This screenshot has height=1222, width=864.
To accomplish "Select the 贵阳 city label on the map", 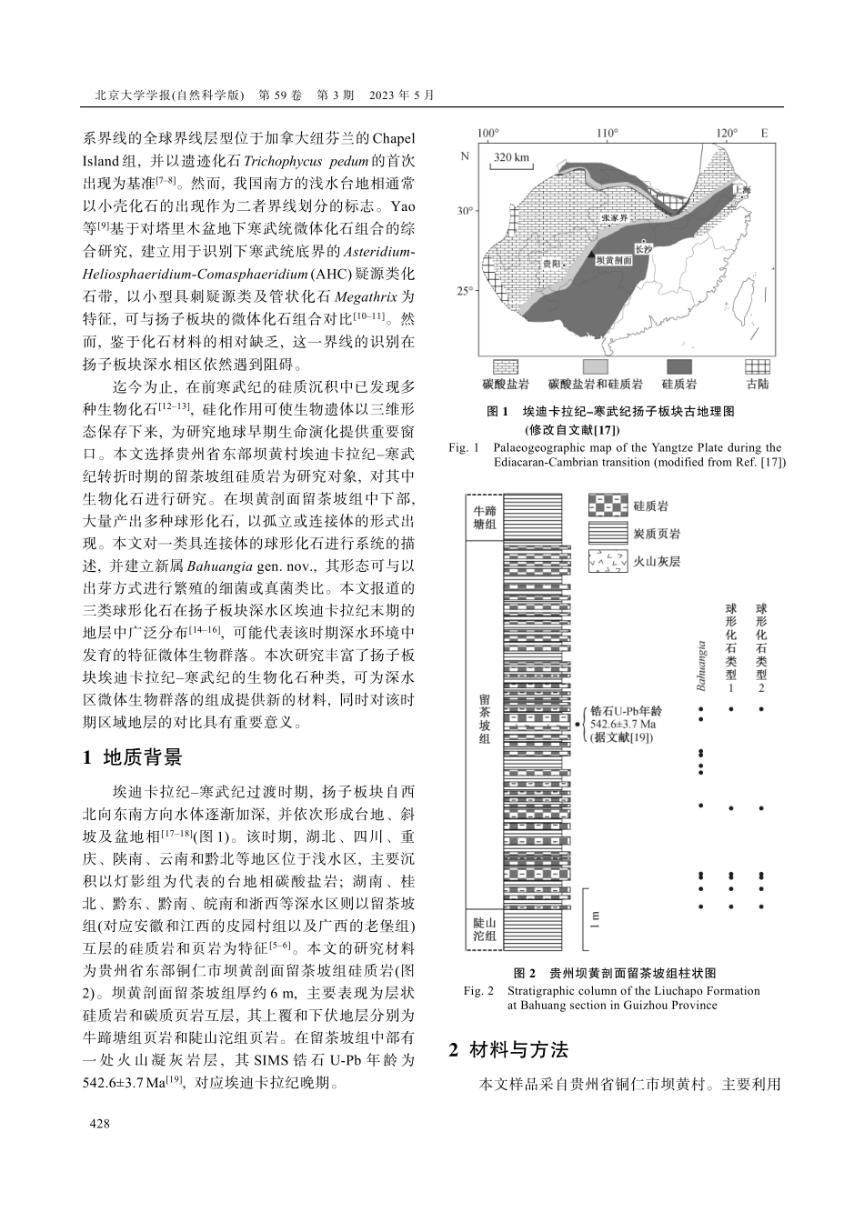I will click(550, 262).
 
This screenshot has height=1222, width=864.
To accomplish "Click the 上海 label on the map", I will click(743, 191).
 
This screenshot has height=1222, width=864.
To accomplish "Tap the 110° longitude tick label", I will click(608, 134).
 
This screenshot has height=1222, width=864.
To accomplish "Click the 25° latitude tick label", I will click(465, 291).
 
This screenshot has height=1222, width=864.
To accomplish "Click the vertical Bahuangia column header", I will click(700, 666).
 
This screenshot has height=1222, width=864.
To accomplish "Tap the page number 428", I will click(98, 1125).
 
